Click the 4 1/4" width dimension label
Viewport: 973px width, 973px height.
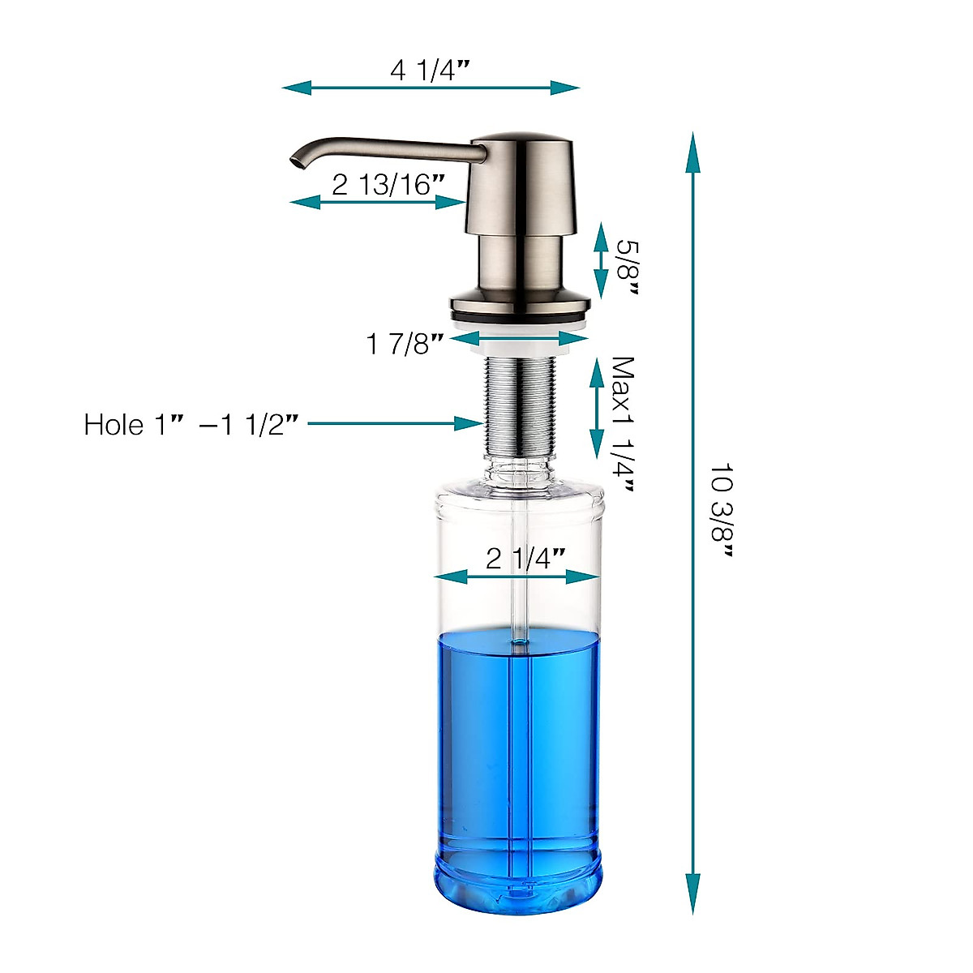click(x=430, y=71)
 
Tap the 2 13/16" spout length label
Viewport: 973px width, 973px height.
click(x=388, y=184)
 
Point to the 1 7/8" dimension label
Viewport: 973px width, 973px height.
click(x=405, y=345)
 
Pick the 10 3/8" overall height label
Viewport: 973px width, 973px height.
click(x=722, y=511)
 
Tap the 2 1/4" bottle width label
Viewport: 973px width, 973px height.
click(x=525, y=559)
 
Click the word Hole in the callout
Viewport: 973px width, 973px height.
click(x=114, y=424)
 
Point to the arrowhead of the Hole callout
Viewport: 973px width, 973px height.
click(x=468, y=423)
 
